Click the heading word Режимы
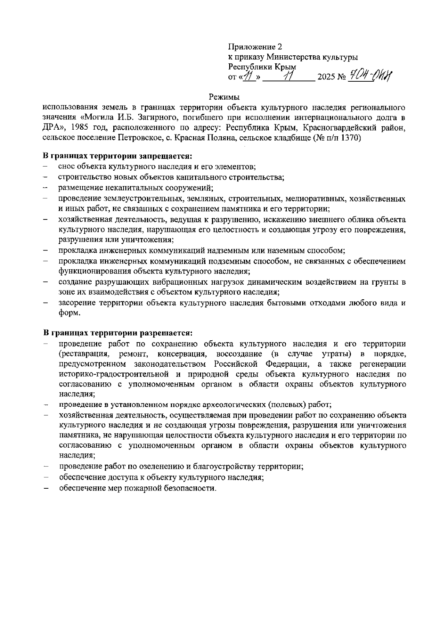pyautogui.click(x=224, y=97)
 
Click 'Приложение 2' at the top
pyautogui.click(x=255, y=47)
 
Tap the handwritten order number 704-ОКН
pyautogui.click(x=369, y=77)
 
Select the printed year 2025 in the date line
pyautogui.click(x=327, y=78)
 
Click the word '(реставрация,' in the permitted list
pyautogui.click(x=85, y=354)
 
